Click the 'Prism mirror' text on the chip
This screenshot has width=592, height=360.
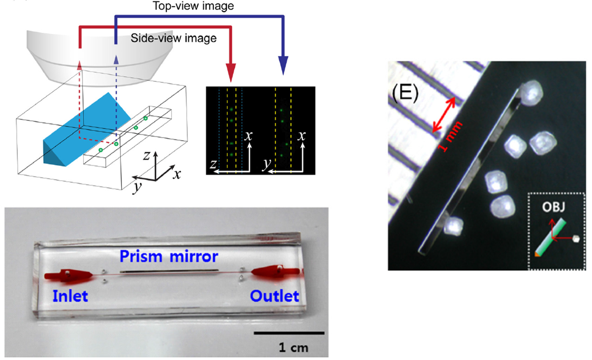click(169, 256)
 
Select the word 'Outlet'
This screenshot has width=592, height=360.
click(274, 295)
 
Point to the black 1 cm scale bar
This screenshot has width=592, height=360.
click(289, 333)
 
